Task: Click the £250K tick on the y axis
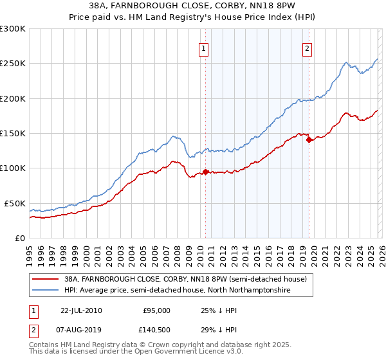click(x=13, y=64)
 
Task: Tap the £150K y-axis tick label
click(x=13, y=133)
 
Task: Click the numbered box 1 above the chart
click(x=204, y=48)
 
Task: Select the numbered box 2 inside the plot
click(x=308, y=48)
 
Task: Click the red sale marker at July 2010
click(x=206, y=172)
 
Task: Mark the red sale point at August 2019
click(x=309, y=139)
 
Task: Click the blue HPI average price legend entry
click(x=178, y=291)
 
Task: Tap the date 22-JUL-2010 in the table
click(x=81, y=310)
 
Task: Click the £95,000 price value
click(x=156, y=310)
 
